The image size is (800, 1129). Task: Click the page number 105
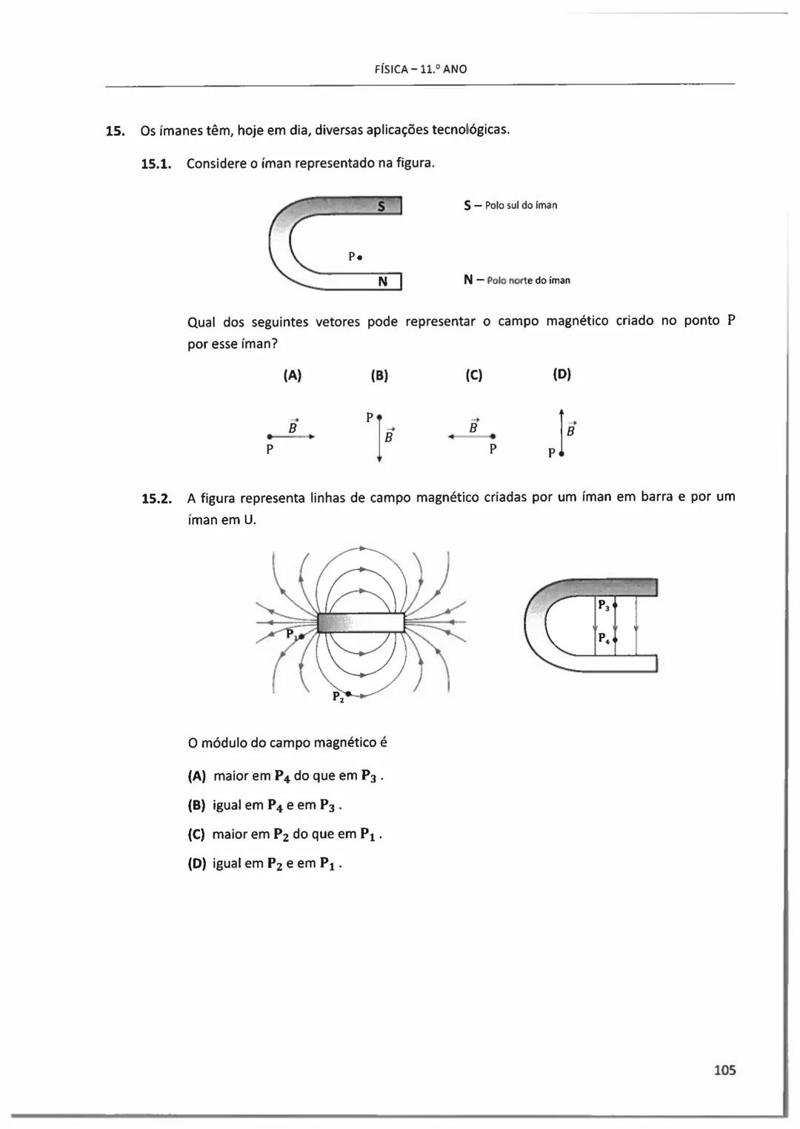point(724,1070)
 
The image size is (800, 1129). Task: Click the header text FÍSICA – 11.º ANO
point(421,70)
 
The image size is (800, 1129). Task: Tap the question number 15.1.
point(156,163)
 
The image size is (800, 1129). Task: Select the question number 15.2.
point(156,498)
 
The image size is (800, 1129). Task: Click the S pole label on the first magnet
point(381,207)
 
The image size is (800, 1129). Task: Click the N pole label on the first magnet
point(382,281)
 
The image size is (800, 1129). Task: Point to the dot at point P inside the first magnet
point(359,258)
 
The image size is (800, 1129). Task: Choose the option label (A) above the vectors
point(293,375)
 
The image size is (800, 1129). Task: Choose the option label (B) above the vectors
point(379,375)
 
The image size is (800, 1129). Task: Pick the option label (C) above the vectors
point(474,375)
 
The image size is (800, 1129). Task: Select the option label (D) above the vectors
point(562,375)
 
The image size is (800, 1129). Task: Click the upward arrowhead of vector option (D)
point(561,412)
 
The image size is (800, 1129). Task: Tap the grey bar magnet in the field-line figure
point(361,623)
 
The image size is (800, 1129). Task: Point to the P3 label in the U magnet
point(603,606)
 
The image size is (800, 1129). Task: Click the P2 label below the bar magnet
point(338,697)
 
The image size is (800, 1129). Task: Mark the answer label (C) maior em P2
point(196,834)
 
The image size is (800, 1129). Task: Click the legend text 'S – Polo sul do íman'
point(510,205)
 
